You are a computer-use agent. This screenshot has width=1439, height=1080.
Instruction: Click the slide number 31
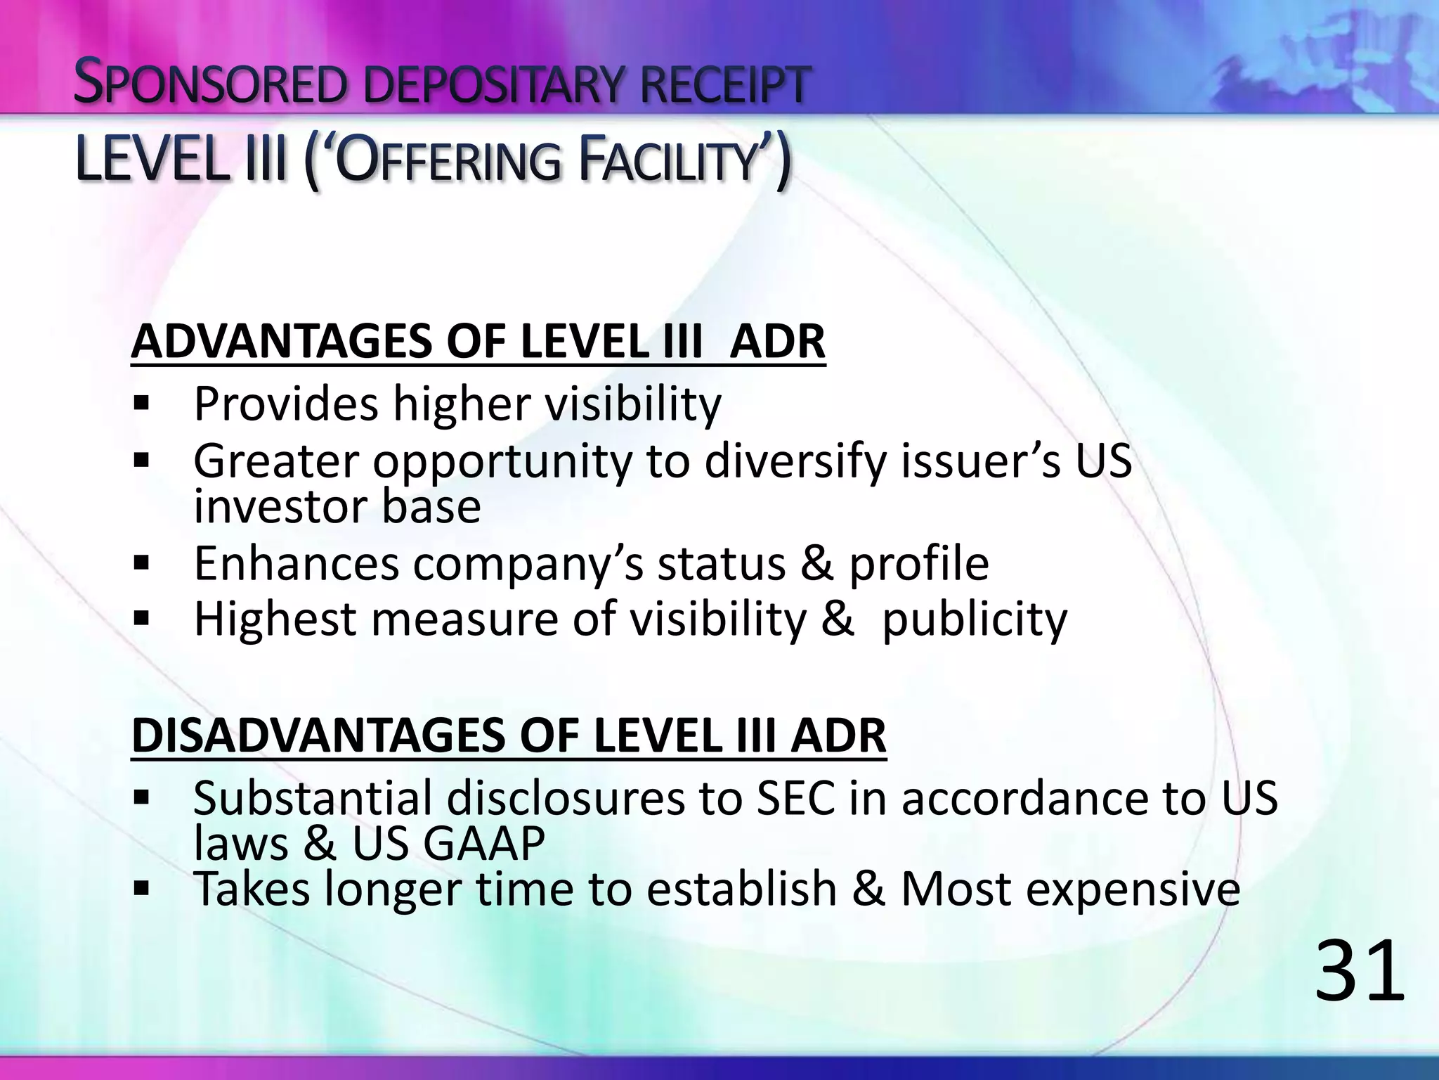click(x=1359, y=972)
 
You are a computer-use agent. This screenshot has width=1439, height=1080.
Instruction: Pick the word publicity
click(x=974, y=620)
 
